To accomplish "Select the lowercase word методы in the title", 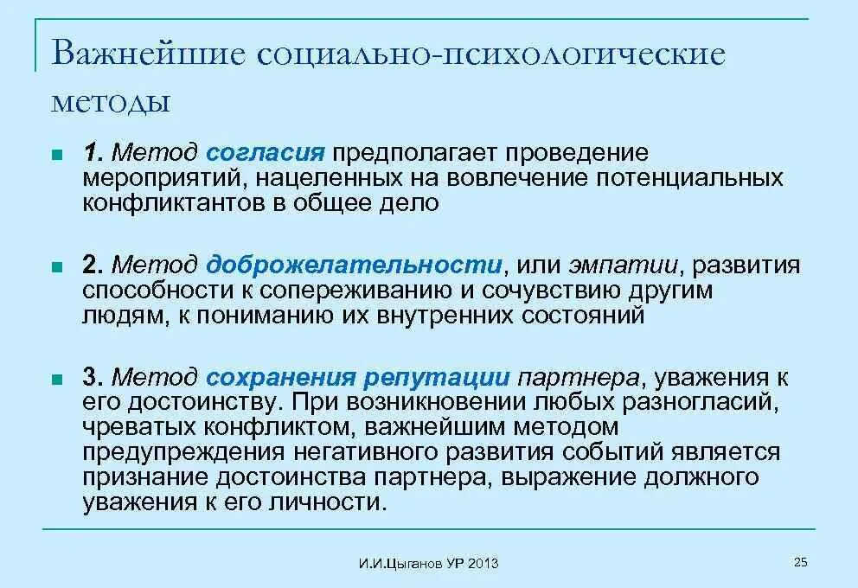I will pos(110,101).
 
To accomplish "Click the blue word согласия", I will pos(265,154).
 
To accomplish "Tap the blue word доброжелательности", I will pos(354,265).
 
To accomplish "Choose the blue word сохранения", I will pos(281,377).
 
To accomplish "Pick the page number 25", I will pos(800,563).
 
